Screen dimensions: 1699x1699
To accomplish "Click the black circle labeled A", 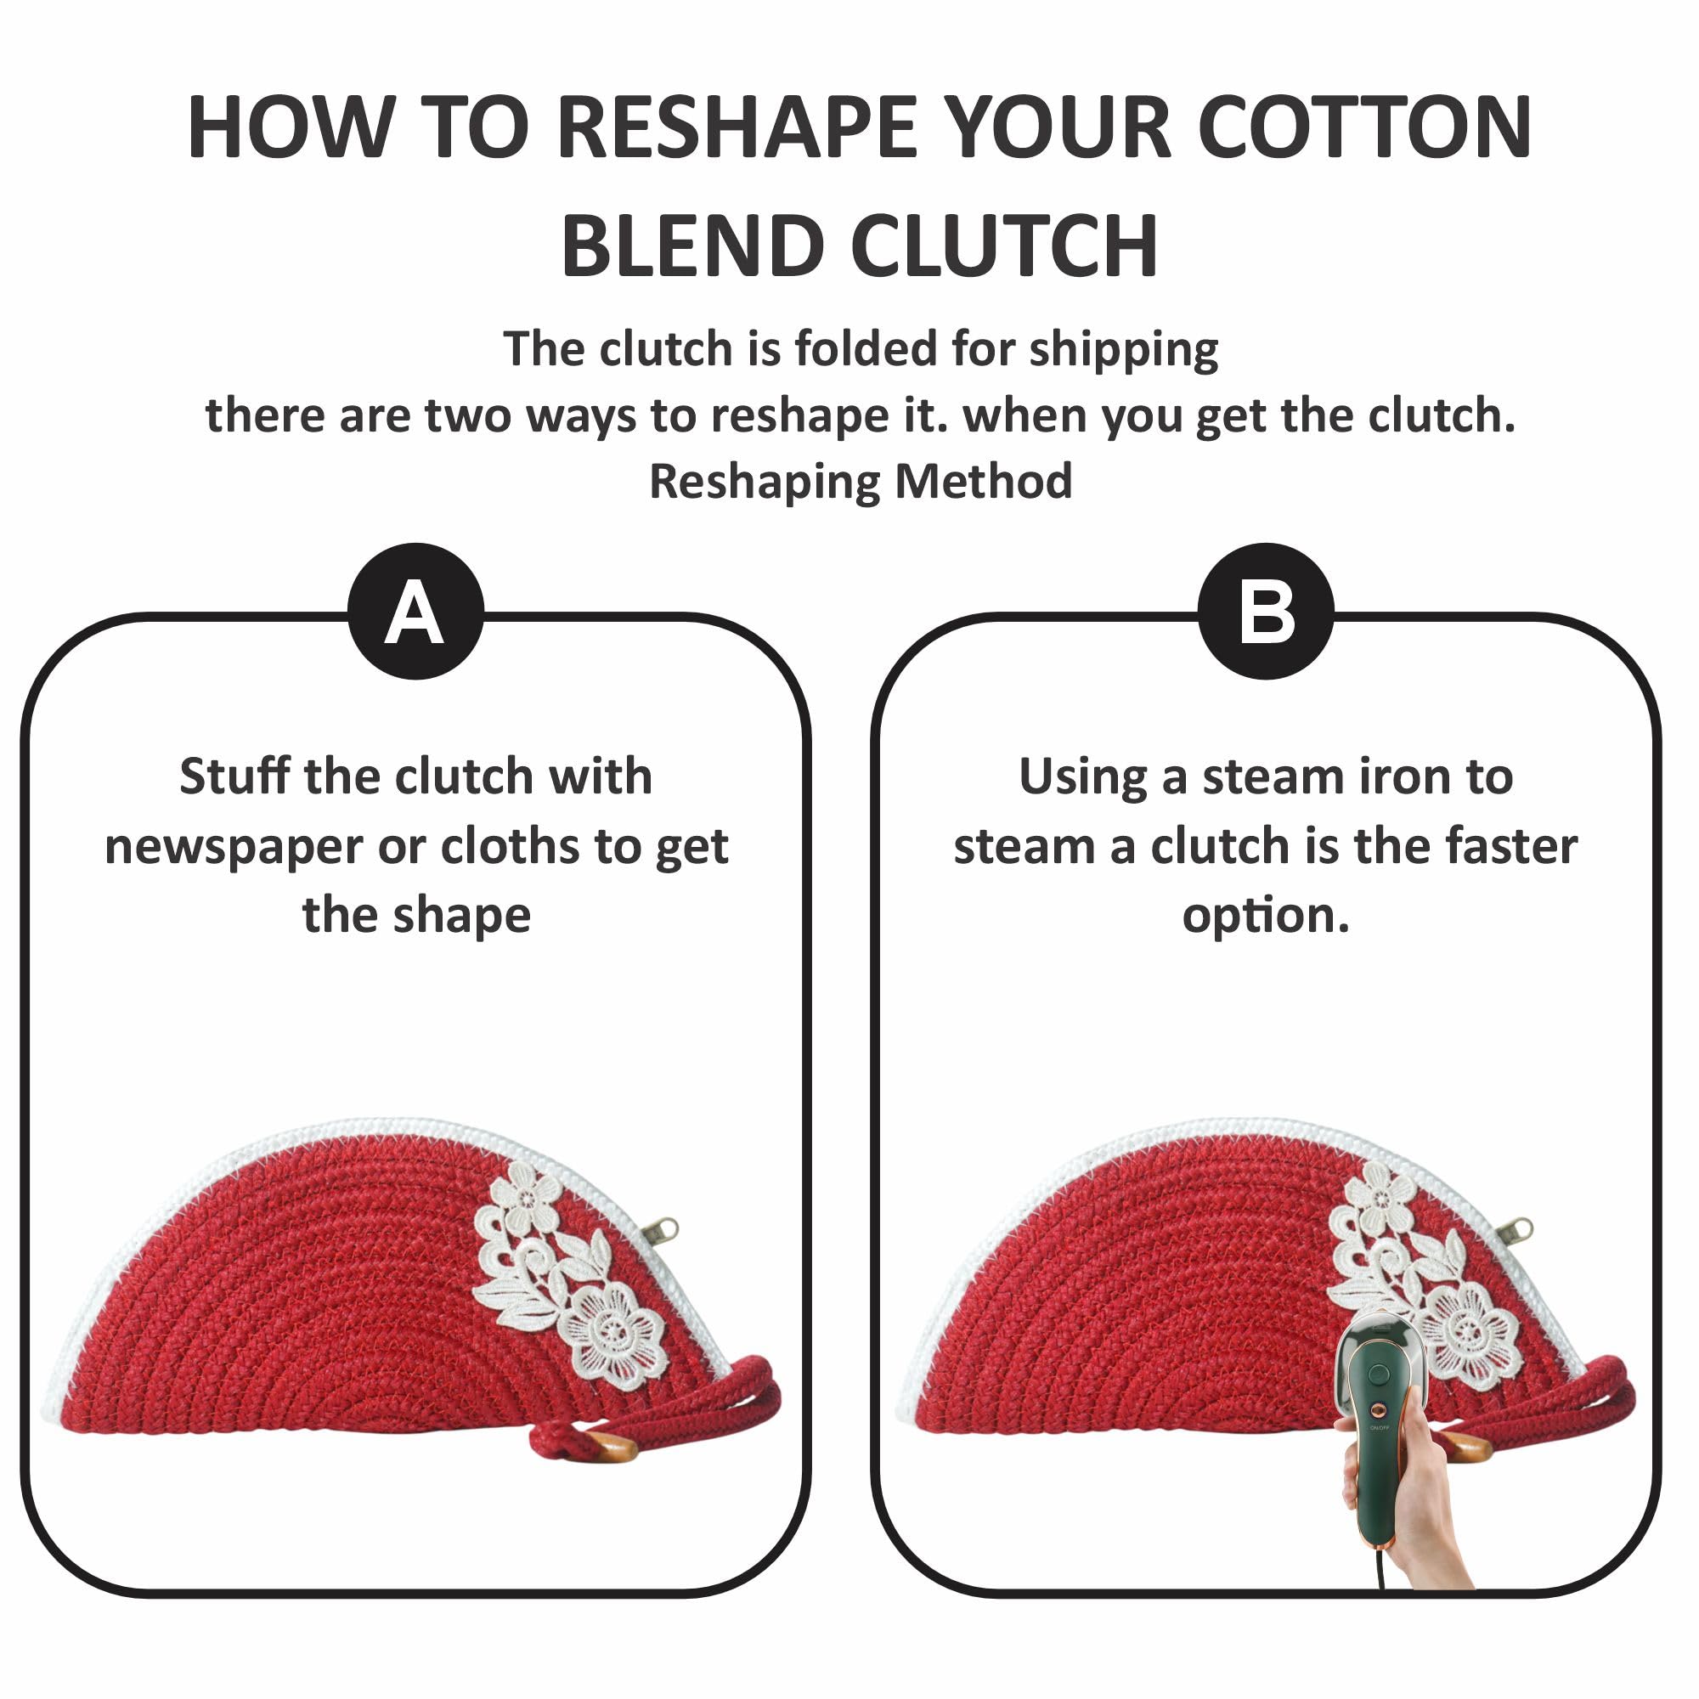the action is tap(416, 611).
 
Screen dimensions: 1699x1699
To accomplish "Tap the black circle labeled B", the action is tap(1267, 611).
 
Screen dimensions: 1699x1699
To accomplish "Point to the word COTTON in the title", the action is tap(1365, 127).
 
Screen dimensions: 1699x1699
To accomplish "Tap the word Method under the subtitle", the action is tap(983, 481).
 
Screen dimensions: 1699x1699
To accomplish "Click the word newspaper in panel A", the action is tap(234, 849).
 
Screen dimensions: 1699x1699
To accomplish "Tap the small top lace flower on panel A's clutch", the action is tap(525, 1197).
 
